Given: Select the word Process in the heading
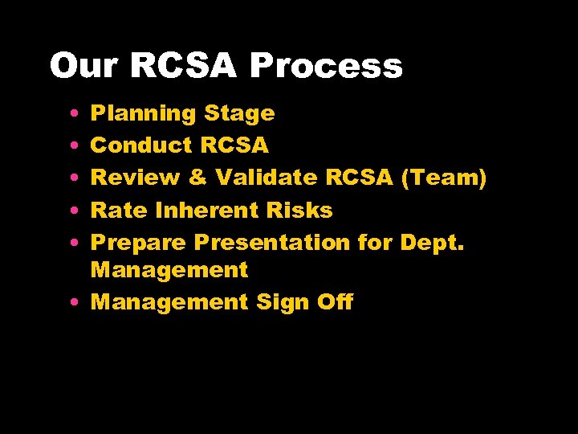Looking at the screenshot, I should [325, 66].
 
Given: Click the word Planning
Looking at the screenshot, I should [144, 114].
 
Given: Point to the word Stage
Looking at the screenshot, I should [239, 114].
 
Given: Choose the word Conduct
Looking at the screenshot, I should [141, 145].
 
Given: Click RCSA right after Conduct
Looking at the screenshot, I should [234, 145].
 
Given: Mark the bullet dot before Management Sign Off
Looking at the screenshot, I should [73, 303].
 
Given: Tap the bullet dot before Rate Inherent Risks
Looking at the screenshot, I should [73, 211].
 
